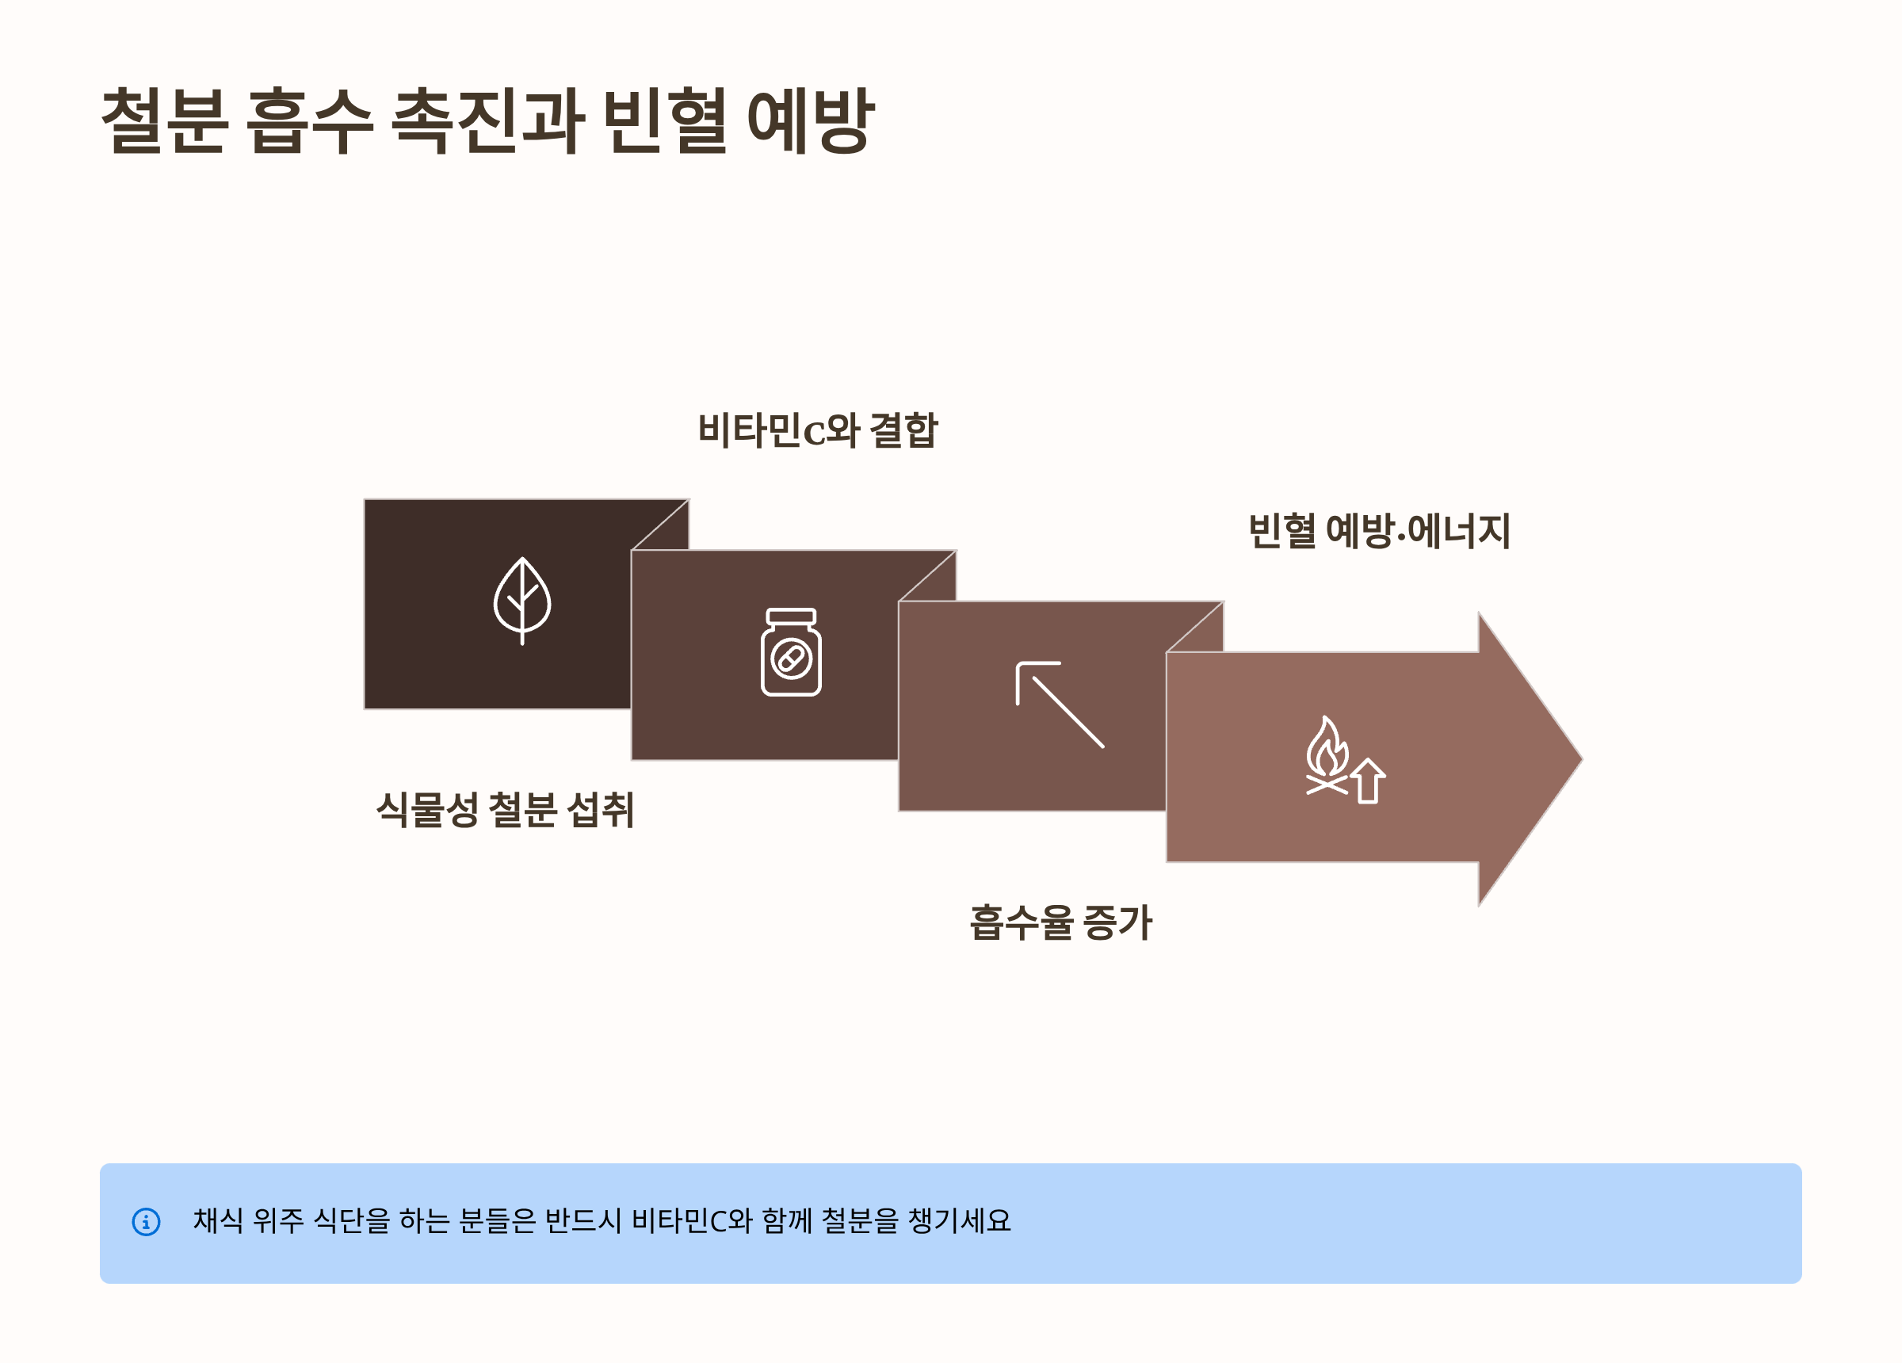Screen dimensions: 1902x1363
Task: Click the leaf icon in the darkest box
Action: (x=521, y=601)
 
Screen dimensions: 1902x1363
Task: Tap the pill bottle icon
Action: (x=791, y=651)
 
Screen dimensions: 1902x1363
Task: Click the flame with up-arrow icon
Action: (x=1344, y=760)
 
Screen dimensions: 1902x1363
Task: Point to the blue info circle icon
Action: (x=146, y=1221)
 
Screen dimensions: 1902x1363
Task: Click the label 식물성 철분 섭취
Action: (x=505, y=810)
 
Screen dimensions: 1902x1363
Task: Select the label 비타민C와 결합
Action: (x=818, y=430)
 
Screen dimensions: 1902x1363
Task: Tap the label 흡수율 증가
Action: (x=1061, y=922)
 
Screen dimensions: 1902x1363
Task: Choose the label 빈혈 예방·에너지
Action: (x=1379, y=531)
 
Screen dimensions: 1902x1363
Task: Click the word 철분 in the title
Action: (x=164, y=120)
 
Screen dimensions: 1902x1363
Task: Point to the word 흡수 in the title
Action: (x=309, y=120)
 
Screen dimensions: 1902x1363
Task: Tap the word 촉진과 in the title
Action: (x=487, y=120)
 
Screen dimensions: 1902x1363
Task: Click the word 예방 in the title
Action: (x=810, y=120)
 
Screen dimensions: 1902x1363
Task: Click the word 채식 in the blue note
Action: (x=218, y=1220)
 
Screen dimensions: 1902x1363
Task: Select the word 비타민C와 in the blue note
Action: (x=692, y=1220)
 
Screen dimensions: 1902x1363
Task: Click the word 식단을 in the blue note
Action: (x=351, y=1220)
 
